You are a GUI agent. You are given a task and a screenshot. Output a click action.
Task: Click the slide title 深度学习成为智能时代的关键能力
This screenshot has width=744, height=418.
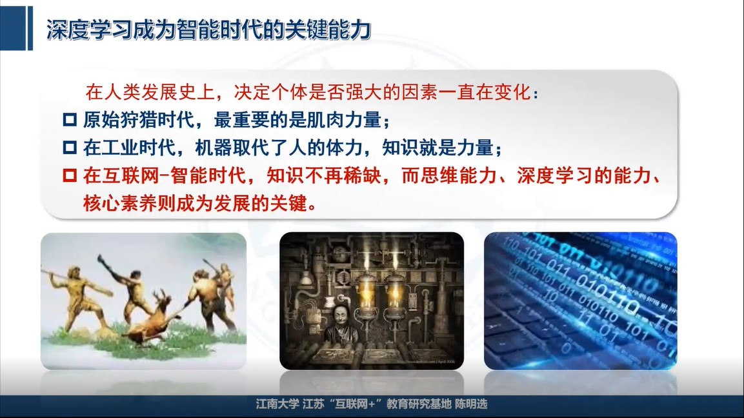pyautogui.click(x=208, y=30)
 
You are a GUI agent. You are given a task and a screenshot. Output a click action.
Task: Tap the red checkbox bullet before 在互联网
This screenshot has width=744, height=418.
pyautogui.click(x=70, y=175)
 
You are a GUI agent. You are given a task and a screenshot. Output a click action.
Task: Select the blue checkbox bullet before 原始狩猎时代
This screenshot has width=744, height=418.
pyautogui.click(x=70, y=119)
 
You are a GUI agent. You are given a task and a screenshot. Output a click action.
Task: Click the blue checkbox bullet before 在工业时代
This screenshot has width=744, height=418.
pyautogui.click(x=70, y=148)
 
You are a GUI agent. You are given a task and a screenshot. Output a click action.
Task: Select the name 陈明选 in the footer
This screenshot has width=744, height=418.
pyautogui.click(x=471, y=404)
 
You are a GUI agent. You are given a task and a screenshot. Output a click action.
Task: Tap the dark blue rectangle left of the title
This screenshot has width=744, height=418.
pyautogui.click(x=13, y=28)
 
